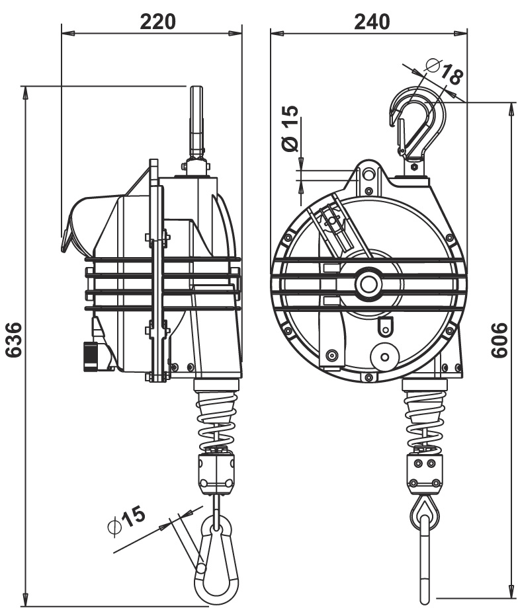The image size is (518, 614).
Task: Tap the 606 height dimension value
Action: coord(501,341)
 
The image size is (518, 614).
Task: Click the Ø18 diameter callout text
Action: coord(444,71)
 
